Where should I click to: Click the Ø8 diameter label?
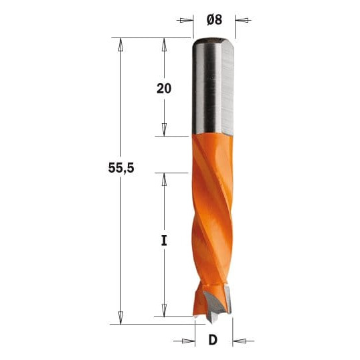[214, 20]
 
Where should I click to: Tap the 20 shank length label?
[164, 88]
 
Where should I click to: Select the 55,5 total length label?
[121, 168]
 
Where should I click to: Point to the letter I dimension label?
[164, 241]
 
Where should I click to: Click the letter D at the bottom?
[213, 340]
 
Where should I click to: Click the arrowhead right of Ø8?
[242, 20]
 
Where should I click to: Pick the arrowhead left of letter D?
[188, 341]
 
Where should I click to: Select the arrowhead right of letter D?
[240, 341]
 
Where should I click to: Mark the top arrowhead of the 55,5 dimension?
[120, 45]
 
